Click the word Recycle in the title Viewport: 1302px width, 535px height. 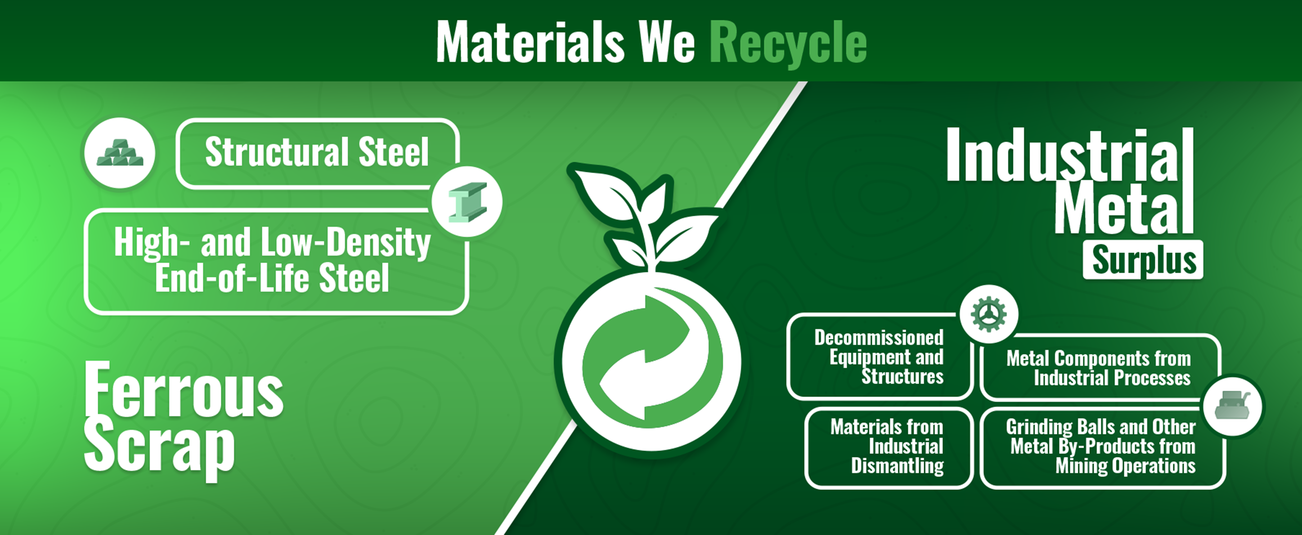(788, 43)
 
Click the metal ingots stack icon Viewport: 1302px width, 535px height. (120, 153)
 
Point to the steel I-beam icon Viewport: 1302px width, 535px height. (467, 202)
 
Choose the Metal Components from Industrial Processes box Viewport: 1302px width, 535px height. (1099, 368)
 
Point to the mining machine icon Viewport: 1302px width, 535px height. (1232, 407)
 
